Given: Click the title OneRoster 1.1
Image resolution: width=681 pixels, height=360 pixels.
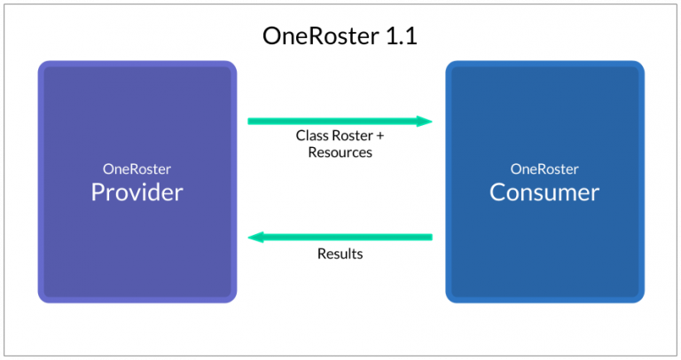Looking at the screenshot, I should point(340,36).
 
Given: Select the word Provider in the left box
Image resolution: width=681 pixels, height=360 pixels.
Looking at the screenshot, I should point(137,192).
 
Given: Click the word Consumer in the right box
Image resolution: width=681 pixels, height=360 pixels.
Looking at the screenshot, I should point(544,192).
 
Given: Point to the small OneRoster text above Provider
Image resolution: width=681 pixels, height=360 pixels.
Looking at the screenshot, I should point(137,168).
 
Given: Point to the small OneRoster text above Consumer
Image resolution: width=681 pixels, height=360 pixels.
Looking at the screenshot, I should point(544,168).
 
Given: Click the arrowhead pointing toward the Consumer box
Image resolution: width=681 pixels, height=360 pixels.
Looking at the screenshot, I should point(426,121).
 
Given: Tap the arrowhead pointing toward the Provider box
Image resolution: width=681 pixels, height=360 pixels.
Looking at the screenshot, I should point(254,237).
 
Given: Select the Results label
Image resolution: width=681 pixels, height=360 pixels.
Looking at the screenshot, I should point(340,254).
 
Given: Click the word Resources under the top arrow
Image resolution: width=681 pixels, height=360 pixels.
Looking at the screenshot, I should point(340,153).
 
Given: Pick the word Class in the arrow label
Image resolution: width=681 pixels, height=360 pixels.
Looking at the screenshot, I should point(311,137).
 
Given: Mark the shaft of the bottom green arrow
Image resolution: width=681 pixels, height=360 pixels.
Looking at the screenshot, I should point(346,237).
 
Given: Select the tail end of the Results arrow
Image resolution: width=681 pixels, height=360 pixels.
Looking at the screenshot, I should point(430,237).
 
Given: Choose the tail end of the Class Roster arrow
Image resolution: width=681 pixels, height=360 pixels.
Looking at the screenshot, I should point(251,121).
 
